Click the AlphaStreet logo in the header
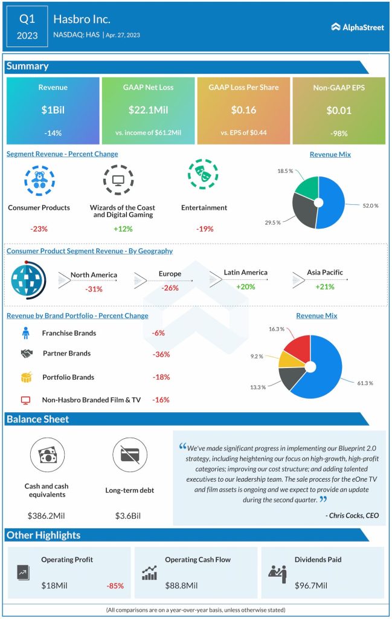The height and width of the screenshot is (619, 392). click(x=358, y=27)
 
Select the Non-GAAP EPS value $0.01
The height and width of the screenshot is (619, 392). click(x=338, y=111)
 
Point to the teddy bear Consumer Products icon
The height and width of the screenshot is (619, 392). click(x=39, y=179)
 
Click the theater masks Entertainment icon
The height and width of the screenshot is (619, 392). click(x=203, y=175)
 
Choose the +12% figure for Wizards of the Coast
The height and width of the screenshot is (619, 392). click(x=123, y=228)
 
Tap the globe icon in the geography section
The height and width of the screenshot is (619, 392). click(x=26, y=279)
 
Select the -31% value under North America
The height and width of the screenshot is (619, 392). click(x=94, y=289)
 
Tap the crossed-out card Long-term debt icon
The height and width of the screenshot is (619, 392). click(x=129, y=455)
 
